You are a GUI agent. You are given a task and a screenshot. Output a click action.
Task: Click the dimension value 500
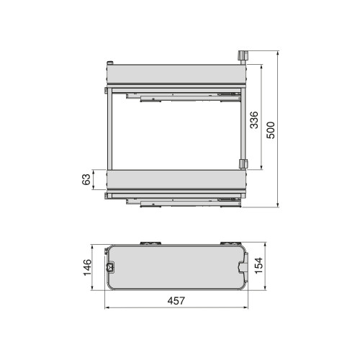coord(271,130)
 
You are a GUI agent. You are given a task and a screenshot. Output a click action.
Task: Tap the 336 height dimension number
coord(254,119)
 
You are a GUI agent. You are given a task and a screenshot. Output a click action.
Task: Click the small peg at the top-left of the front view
coord(109,64)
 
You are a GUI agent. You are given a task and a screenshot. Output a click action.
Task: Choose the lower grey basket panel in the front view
coord(175,180)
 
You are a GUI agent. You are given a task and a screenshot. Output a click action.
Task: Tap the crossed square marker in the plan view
coord(110,267)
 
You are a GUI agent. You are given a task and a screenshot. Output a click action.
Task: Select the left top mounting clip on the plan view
coord(149,242)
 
